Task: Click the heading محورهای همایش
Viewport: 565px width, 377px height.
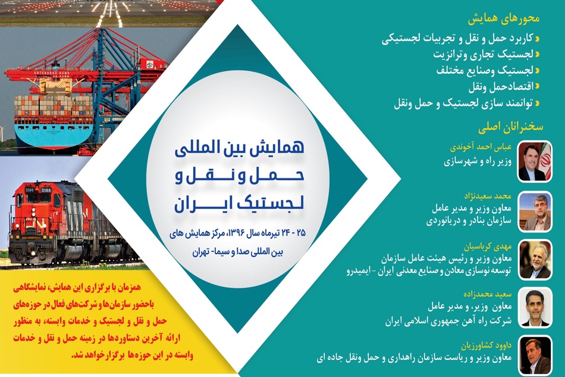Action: pos(503,19)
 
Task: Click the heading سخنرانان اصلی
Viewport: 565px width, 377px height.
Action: pos(511,127)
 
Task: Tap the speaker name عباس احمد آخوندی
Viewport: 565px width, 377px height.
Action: pos(481,147)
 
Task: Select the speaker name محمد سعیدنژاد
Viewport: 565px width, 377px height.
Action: pos(487,196)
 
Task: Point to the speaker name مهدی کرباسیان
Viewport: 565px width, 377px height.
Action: pos(488,247)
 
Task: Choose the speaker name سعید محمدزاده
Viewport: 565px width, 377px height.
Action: pos(488,294)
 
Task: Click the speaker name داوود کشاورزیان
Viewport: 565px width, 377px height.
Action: pos(486,345)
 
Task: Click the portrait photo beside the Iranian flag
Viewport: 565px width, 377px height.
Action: pos(535,161)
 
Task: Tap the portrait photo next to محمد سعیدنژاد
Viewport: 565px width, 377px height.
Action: pos(535,212)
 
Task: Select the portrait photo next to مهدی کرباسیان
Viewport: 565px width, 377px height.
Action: pos(535,259)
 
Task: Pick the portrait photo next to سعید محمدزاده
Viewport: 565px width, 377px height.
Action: pos(535,307)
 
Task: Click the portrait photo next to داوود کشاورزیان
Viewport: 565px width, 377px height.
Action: pos(535,356)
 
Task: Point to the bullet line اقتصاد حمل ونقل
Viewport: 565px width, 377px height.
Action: pos(501,87)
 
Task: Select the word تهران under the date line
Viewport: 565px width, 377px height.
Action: pos(200,252)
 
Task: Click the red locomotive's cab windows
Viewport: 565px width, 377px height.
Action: pos(38,197)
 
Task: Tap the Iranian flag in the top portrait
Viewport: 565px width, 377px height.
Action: pos(546,161)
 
